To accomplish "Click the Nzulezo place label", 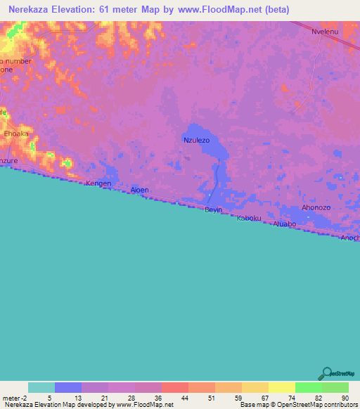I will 197,141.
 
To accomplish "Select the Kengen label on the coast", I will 98,183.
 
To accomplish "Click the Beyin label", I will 213,209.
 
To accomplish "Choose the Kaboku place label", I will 248,218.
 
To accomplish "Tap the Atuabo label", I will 283,224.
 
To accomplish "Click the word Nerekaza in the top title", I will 32,10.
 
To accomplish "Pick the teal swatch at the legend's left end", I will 41,387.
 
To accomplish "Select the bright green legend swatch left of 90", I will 308,387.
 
